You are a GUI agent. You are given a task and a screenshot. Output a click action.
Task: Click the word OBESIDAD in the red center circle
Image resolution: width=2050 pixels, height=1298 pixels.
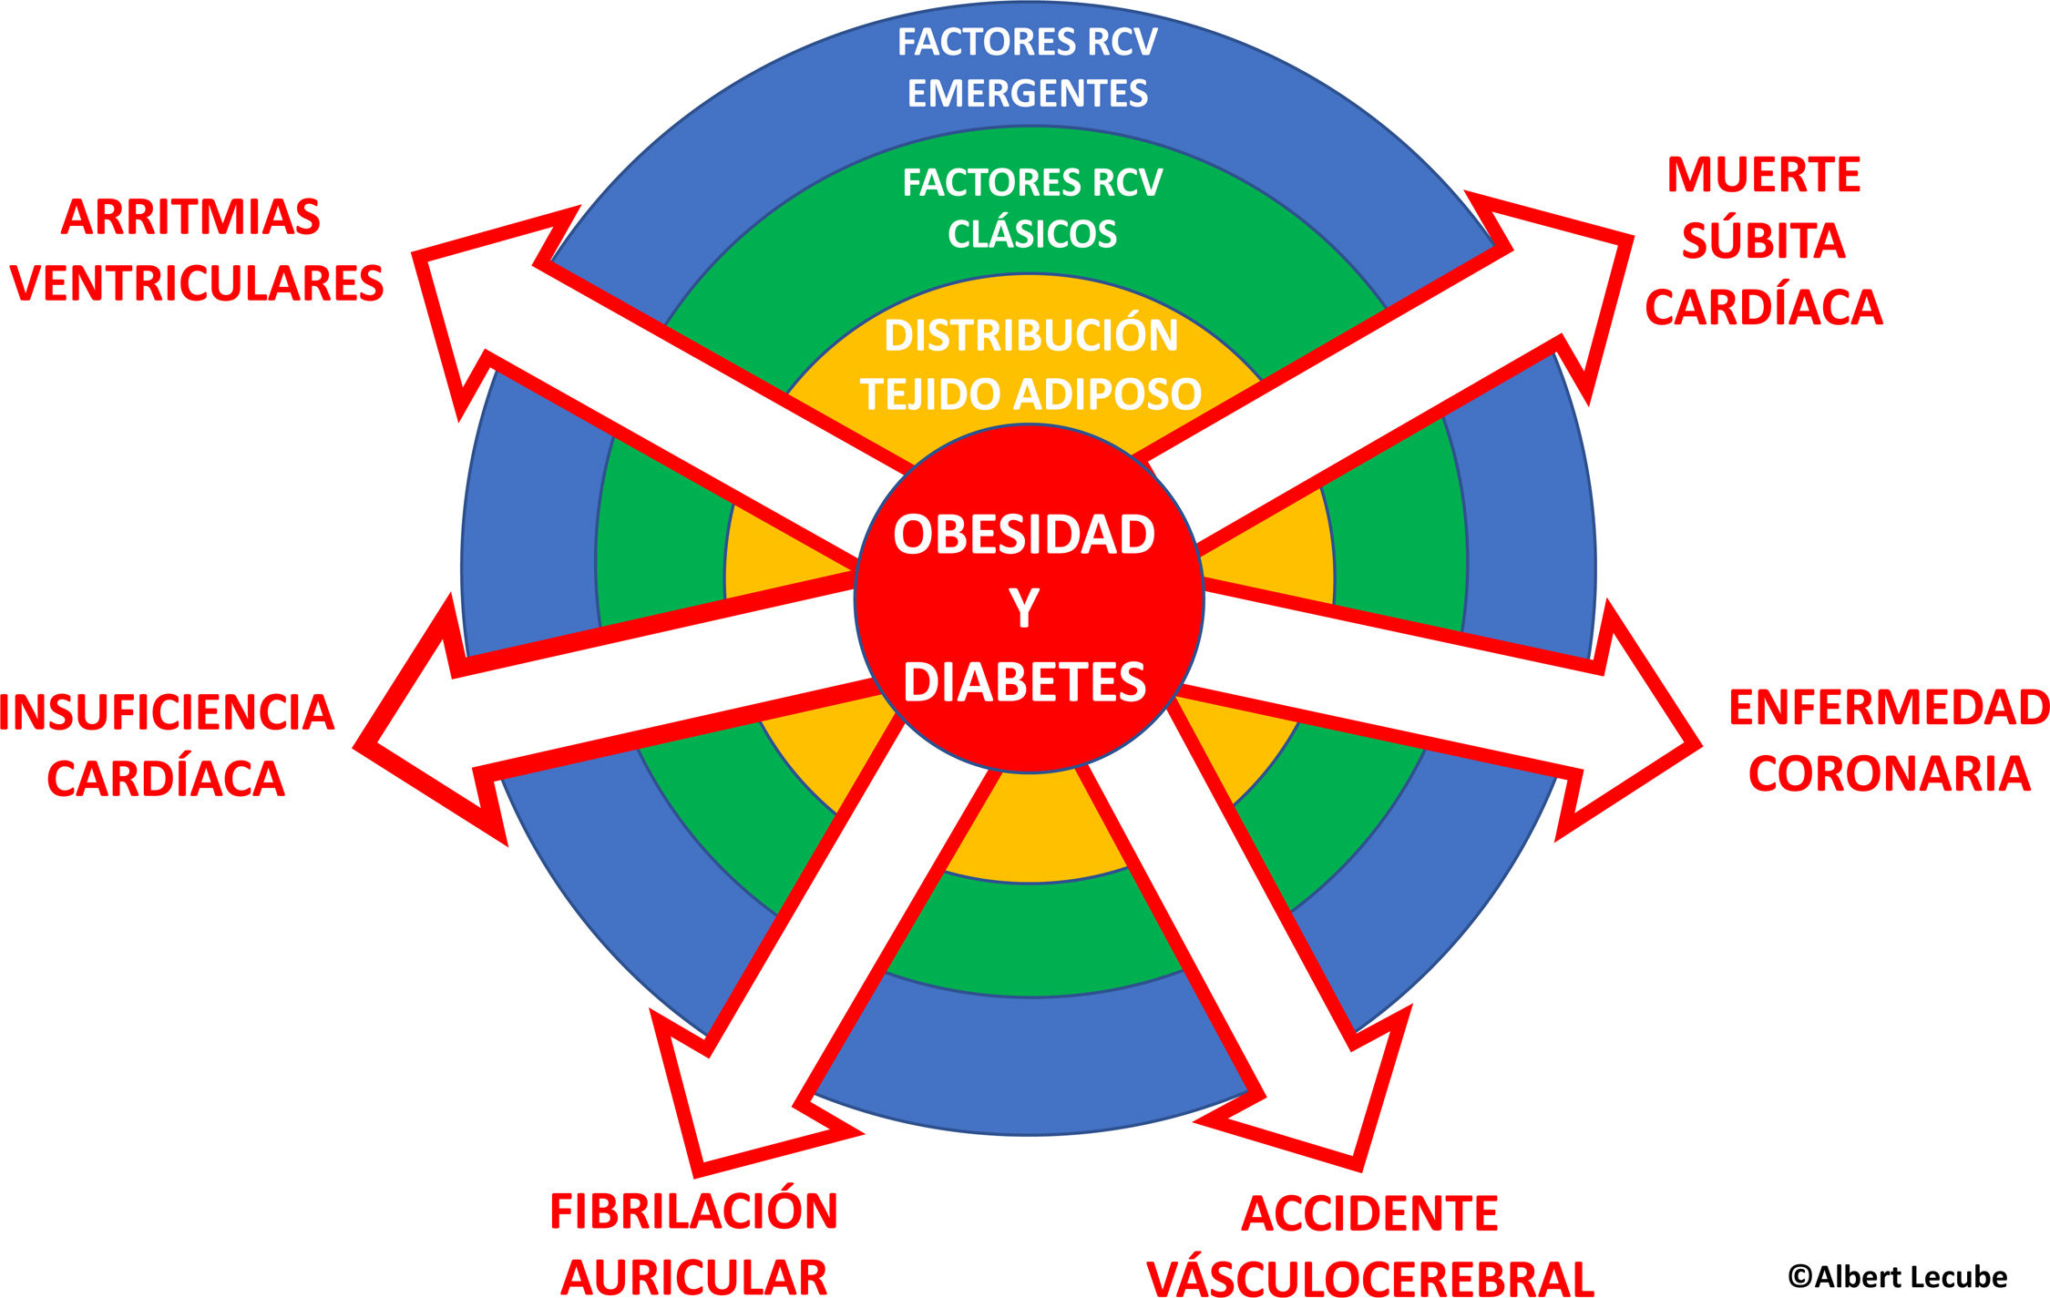(1024, 535)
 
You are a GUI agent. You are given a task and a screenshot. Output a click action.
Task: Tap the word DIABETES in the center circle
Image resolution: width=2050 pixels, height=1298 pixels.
(1024, 682)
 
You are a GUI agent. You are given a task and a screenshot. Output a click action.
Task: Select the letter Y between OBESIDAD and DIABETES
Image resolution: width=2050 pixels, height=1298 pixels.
(1024, 608)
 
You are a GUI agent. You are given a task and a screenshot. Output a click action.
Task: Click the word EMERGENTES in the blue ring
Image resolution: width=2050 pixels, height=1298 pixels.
(1027, 94)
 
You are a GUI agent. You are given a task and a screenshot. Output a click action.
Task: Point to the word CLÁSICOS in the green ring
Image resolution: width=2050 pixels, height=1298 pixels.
(1031, 235)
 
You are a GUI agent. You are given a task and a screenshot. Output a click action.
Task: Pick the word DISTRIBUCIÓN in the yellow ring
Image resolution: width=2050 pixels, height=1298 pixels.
(1030, 335)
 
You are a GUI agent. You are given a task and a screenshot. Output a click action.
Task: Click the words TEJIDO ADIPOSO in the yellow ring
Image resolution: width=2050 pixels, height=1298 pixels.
(1030, 394)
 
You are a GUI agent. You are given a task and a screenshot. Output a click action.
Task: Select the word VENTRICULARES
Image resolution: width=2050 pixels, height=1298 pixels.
(197, 283)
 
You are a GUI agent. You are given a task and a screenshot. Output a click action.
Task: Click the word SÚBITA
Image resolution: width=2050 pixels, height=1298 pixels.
(1763, 241)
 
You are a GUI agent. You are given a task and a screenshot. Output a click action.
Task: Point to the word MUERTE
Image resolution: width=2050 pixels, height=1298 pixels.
(1763, 175)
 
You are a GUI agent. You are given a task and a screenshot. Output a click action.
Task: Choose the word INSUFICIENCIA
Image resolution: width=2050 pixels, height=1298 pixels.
(167, 712)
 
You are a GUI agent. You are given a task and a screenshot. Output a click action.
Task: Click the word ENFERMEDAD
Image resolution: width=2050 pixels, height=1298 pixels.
(1888, 708)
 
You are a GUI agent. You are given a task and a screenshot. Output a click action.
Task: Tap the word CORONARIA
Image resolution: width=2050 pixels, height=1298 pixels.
(1888, 774)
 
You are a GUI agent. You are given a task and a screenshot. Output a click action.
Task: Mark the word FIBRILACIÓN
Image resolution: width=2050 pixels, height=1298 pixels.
(693, 1211)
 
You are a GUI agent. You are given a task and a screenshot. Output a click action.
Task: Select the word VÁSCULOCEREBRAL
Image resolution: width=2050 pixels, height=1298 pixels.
(1369, 1277)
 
